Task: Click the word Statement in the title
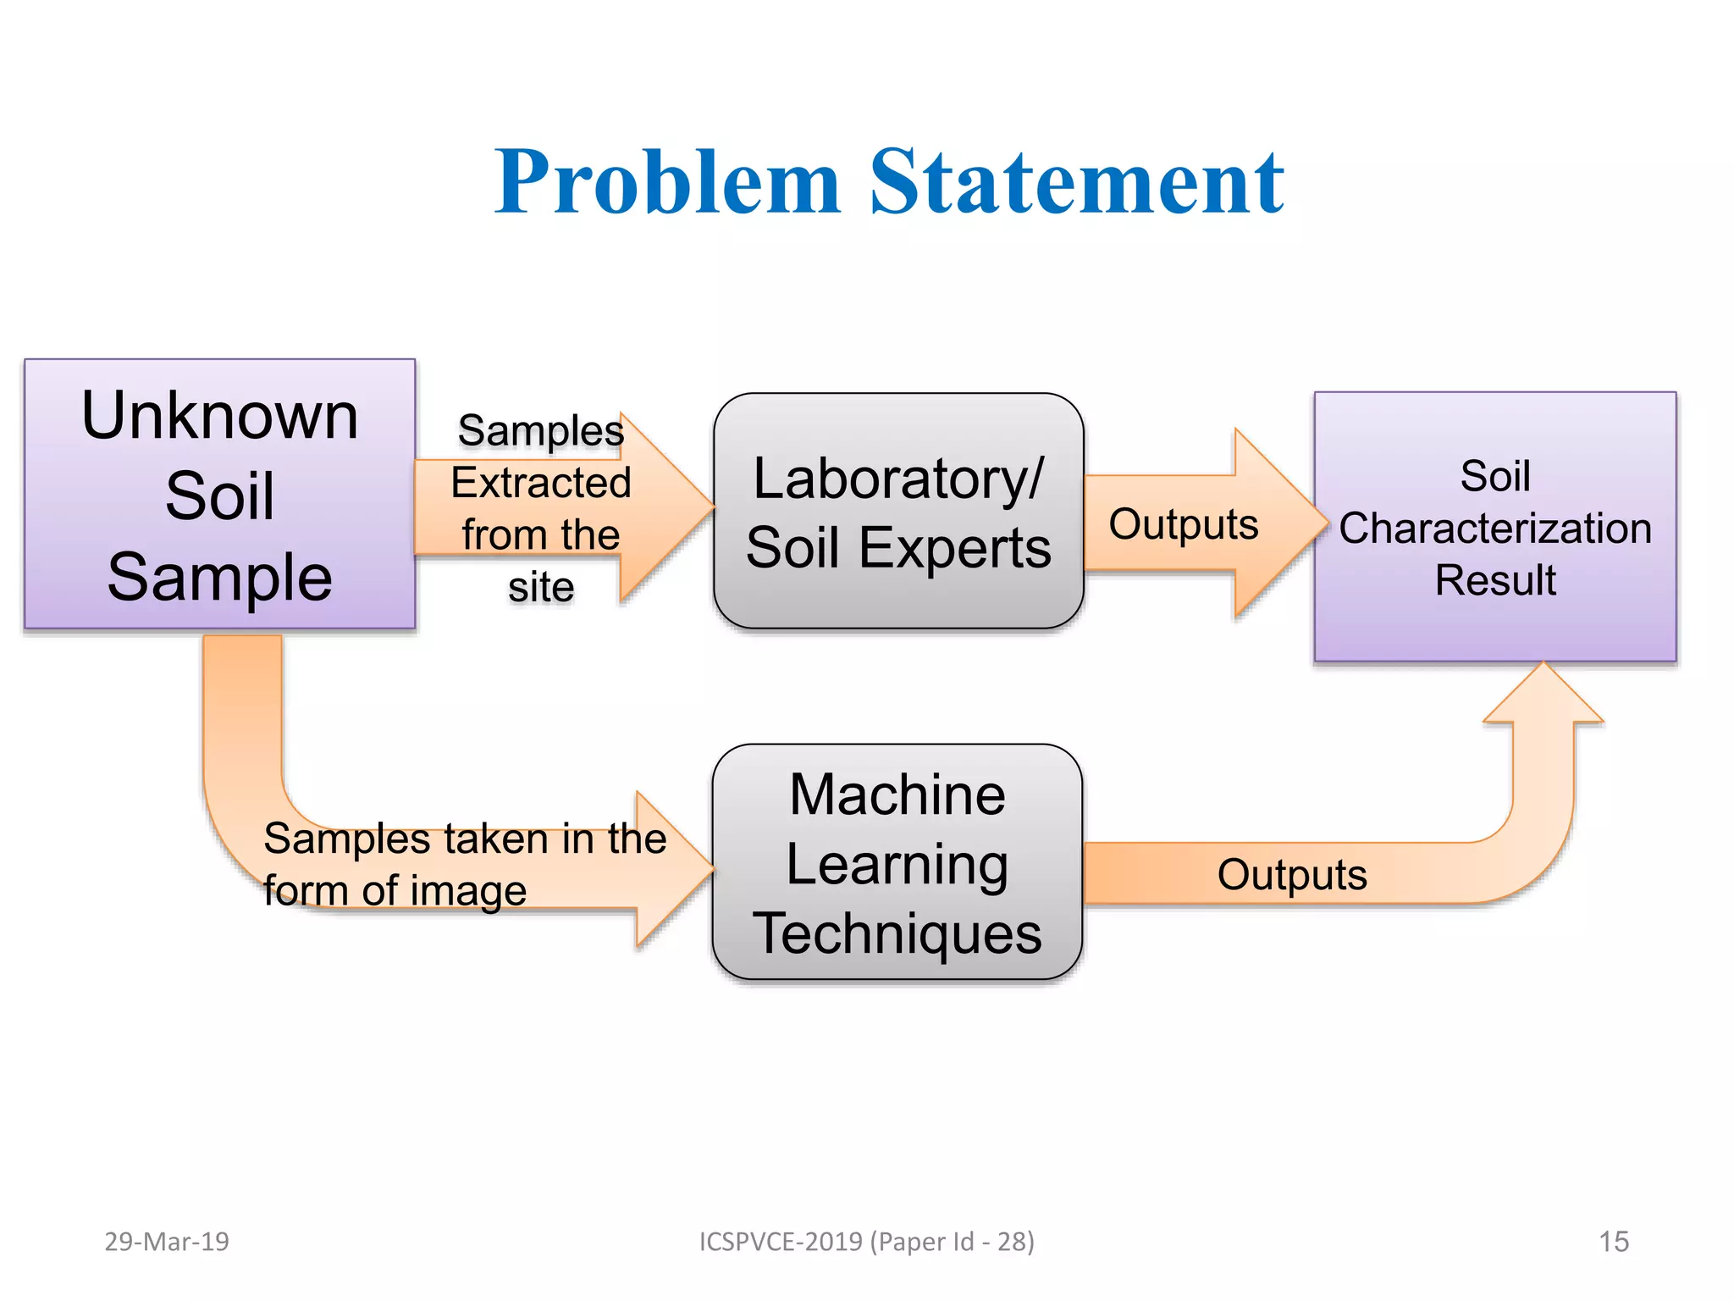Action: (1077, 183)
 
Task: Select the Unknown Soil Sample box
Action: (219, 494)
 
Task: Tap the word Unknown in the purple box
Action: (219, 416)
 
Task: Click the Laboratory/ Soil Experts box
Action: (898, 512)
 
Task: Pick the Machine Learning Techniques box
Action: (897, 863)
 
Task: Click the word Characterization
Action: (1495, 529)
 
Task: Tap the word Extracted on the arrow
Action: (541, 483)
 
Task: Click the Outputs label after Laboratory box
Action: (1184, 524)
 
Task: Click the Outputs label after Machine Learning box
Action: (1292, 875)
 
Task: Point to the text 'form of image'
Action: (395, 891)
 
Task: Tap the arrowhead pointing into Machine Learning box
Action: (673, 869)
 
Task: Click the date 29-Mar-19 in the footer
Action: (167, 1242)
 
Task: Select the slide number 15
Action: (1614, 1242)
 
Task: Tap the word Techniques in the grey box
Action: (897, 933)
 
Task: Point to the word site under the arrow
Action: (541, 587)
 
